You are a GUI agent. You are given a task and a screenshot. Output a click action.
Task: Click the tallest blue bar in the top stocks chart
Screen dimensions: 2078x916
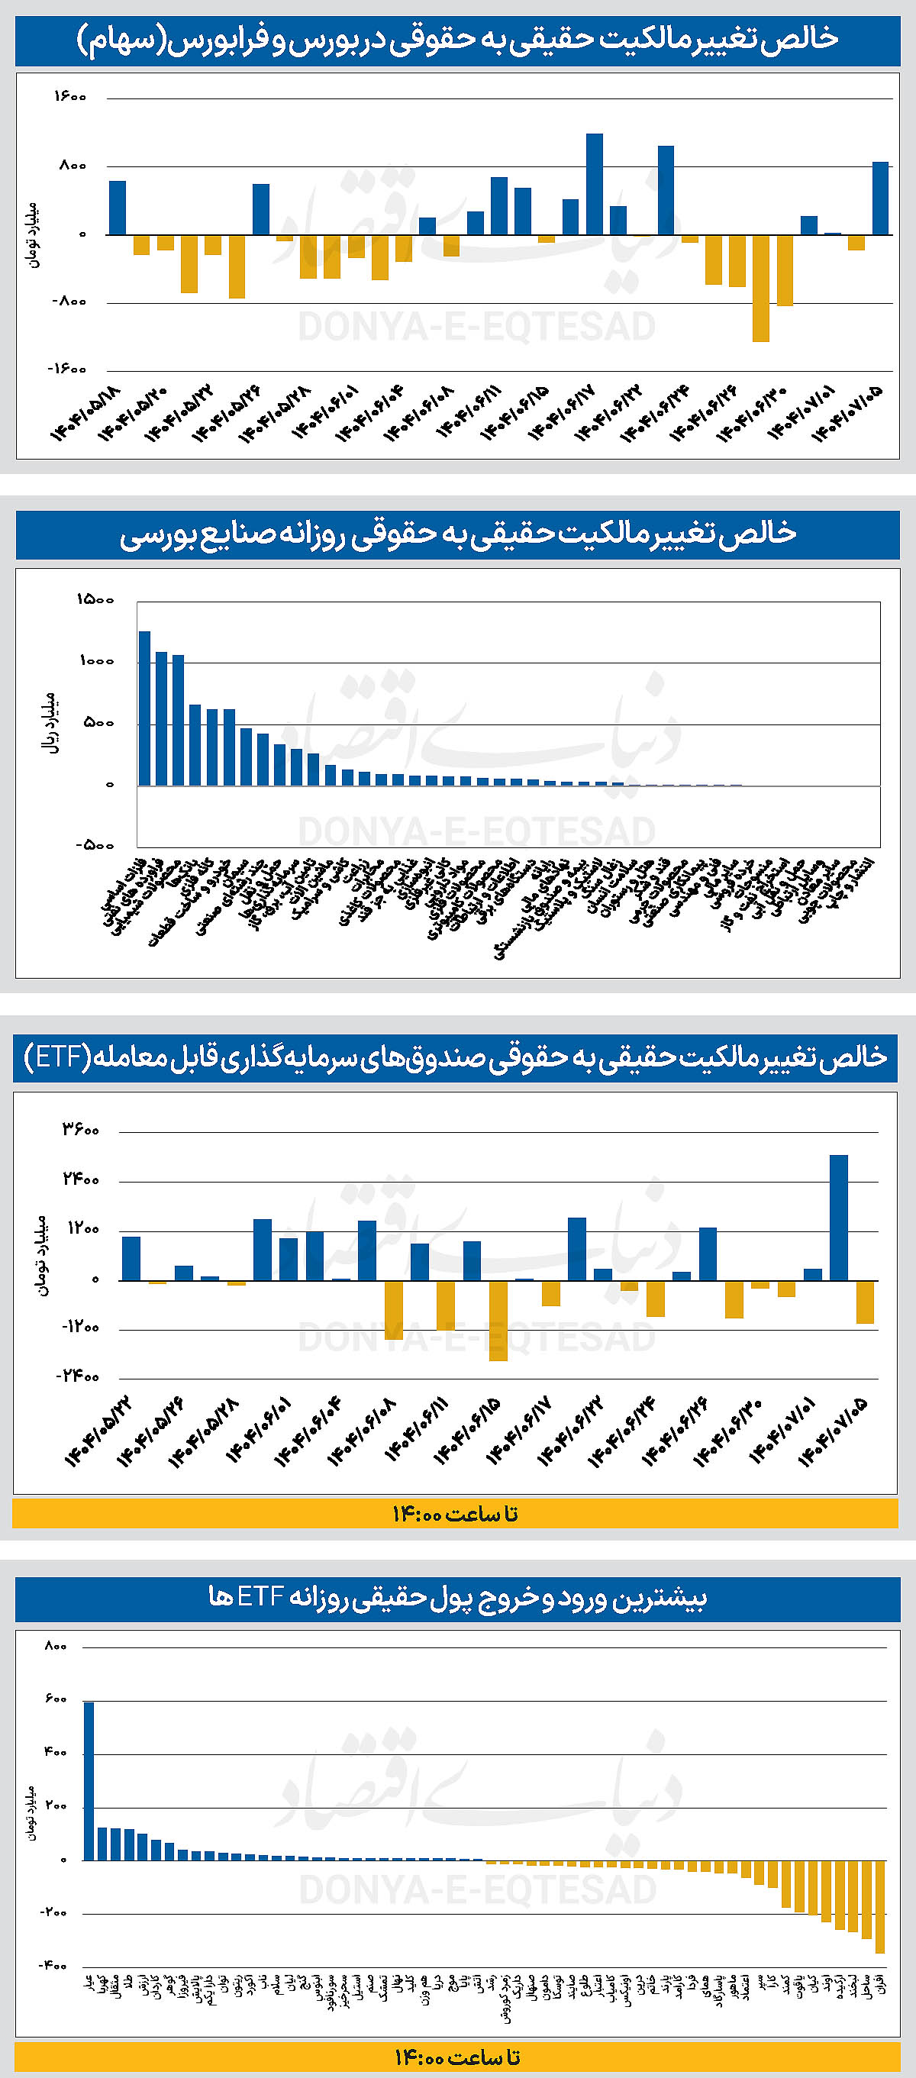click(x=595, y=184)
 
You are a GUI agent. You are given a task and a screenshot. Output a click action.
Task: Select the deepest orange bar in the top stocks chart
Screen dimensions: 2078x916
click(x=760, y=288)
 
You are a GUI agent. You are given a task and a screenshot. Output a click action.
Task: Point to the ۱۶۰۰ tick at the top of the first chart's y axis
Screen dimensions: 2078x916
click(x=70, y=97)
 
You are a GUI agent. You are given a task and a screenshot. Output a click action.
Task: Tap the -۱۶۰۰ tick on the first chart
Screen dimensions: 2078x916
click(x=68, y=369)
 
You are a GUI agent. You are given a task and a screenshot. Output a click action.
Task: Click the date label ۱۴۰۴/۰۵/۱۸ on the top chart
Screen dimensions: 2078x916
click(x=85, y=412)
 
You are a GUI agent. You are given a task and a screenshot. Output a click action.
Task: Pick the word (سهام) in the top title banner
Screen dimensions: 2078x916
click(x=121, y=40)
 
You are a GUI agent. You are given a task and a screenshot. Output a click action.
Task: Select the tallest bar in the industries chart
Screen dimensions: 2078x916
click(x=144, y=708)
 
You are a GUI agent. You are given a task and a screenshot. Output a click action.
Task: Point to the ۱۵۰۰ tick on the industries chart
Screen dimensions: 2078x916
click(x=95, y=599)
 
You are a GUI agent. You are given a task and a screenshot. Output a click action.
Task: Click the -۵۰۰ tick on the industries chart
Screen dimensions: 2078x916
click(x=95, y=845)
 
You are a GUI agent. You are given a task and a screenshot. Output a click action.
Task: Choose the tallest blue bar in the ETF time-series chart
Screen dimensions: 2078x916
click(x=839, y=1218)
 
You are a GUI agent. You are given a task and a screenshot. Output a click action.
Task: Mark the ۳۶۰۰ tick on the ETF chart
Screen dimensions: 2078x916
click(x=81, y=1129)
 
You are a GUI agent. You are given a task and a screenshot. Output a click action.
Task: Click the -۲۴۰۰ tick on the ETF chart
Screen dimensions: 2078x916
click(x=77, y=1376)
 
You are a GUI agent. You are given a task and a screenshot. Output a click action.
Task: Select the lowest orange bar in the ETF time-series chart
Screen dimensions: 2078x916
click(x=498, y=1321)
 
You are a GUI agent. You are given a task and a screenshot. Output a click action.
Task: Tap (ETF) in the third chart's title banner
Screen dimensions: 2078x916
click(x=53, y=1057)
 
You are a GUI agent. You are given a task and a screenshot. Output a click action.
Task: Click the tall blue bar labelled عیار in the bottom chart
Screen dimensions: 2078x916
click(x=89, y=1780)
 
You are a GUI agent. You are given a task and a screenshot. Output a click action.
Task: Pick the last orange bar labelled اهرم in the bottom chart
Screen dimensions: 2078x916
click(x=879, y=1906)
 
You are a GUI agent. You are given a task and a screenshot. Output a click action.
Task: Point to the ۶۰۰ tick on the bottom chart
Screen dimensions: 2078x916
click(x=56, y=1699)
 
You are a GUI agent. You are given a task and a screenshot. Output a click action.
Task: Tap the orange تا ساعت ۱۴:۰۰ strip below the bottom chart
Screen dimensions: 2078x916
click(x=456, y=2056)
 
